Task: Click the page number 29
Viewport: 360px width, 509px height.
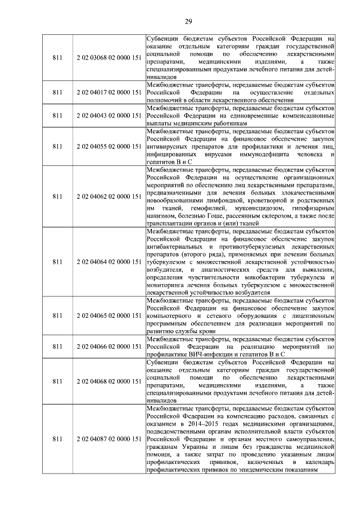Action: point(188,22)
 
